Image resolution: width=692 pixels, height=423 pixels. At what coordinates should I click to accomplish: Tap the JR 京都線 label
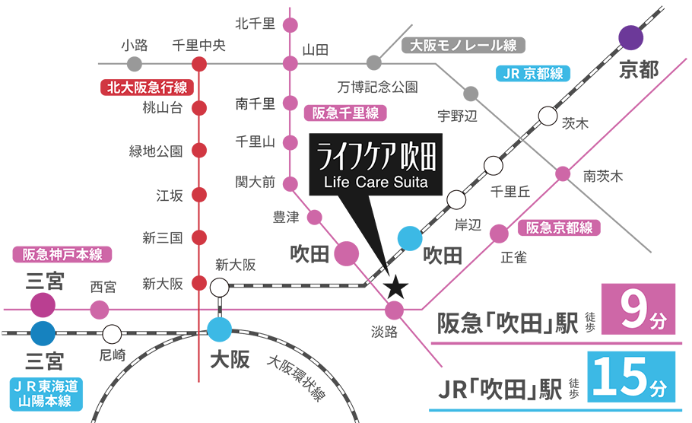click(x=533, y=74)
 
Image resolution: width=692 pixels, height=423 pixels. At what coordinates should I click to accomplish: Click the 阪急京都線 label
click(x=559, y=227)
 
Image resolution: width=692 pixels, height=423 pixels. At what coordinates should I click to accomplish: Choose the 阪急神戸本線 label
click(x=62, y=255)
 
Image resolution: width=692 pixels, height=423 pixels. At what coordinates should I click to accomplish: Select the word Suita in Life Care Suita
click(x=411, y=183)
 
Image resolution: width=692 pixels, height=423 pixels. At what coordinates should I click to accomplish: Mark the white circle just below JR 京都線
click(x=547, y=116)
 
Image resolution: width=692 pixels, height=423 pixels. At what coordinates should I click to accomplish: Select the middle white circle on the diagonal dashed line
click(x=493, y=165)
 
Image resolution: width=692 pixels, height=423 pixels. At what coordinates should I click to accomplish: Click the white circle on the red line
click(x=218, y=288)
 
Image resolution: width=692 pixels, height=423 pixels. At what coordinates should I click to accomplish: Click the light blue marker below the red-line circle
click(x=220, y=331)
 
